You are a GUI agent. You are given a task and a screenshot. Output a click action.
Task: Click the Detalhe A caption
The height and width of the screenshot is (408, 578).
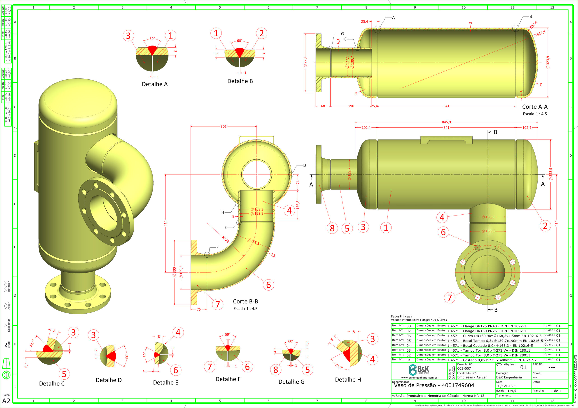pyautogui.click(x=155, y=84)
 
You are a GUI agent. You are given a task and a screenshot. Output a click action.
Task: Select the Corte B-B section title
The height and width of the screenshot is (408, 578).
pyautogui.click(x=245, y=301)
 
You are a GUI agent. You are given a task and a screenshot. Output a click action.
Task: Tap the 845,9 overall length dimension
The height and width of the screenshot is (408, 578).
pyautogui.click(x=446, y=122)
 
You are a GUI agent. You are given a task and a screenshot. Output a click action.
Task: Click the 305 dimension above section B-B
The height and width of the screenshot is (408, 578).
pyautogui.click(x=223, y=127)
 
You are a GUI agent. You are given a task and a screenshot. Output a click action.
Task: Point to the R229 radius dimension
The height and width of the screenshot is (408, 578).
pyautogui.click(x=225, y=239)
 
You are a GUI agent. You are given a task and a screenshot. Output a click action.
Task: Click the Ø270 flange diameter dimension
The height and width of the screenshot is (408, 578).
pyautogui.click(x=305, y=62)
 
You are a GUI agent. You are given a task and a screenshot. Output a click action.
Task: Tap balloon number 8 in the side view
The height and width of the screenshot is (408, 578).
pyautogui.click(x=332, y=228)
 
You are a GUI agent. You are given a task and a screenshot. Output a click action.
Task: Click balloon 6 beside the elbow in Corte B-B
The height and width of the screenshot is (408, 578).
pyautogui.click(x=268, y=285)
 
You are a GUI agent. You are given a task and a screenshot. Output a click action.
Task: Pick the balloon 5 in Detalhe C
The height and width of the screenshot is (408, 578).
pyautogui.click(x=64, y=374)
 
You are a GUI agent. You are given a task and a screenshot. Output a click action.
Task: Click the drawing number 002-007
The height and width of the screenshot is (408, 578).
pyautogui.click(x=464, y=369)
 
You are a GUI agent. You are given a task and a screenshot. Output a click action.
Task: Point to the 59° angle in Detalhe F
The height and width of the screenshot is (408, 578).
pyautogui.click(x=227, y=335)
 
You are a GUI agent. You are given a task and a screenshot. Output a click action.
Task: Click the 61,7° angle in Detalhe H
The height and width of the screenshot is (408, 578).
pyautogui.click(x=339, y=366)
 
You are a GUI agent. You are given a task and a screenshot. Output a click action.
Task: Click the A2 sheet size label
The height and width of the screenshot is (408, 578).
pyautogui.click(x=6, y=401)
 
